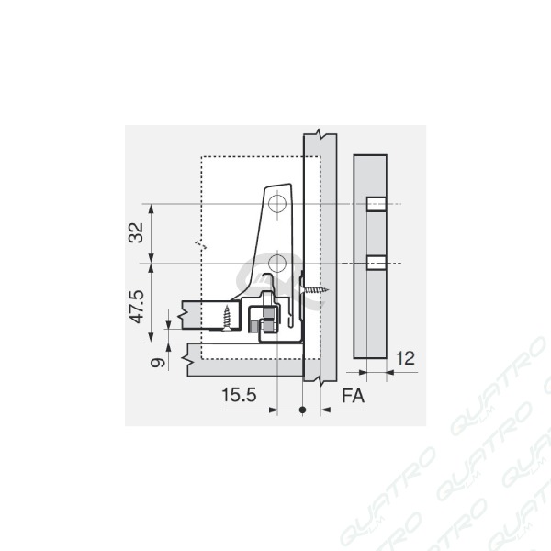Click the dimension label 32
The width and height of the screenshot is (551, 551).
(x=136, y=232)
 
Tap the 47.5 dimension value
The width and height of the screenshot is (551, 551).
(x=136, y=307)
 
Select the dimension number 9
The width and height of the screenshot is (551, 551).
(x=157, y=362)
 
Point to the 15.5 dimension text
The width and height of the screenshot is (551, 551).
(x=239, y=395)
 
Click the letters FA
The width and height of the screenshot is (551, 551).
(x=354, y=396)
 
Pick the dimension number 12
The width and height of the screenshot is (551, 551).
(x=406, y=358)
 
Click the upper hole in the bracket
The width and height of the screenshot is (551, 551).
(x=277, y=204)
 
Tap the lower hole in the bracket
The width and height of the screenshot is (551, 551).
(x=277, y=264)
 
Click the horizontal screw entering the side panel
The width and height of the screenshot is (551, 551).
(x=314, y=290)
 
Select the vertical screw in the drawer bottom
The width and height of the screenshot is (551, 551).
(x=227, y=318)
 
